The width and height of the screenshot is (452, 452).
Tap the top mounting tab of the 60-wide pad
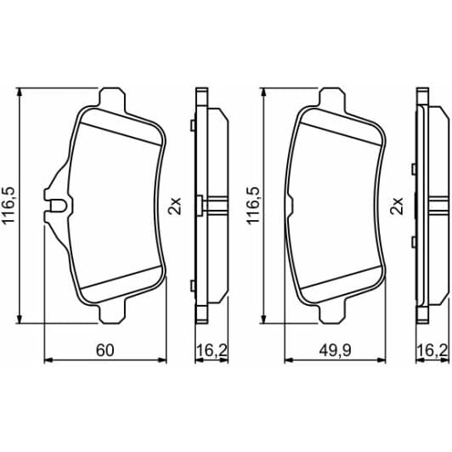coord(114,98)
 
